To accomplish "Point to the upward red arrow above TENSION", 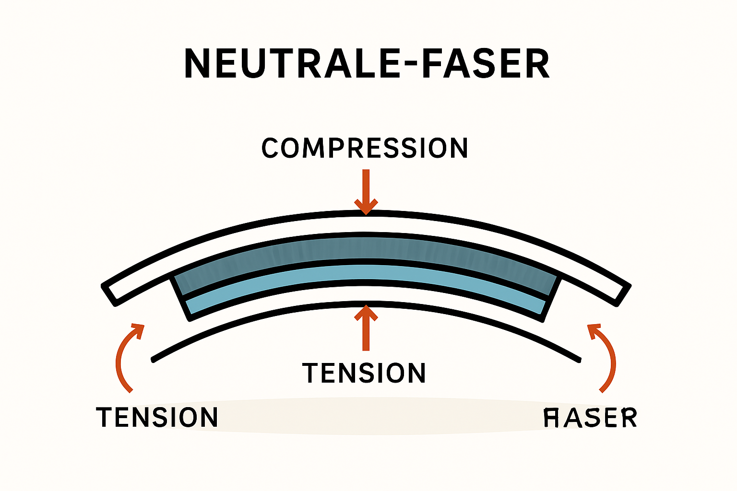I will coord(366,328).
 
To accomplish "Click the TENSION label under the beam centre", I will coord(364,373).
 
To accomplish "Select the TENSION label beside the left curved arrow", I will coord(157,417).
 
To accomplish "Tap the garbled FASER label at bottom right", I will coord(590,418).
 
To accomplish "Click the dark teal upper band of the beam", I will coord(365,249).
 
